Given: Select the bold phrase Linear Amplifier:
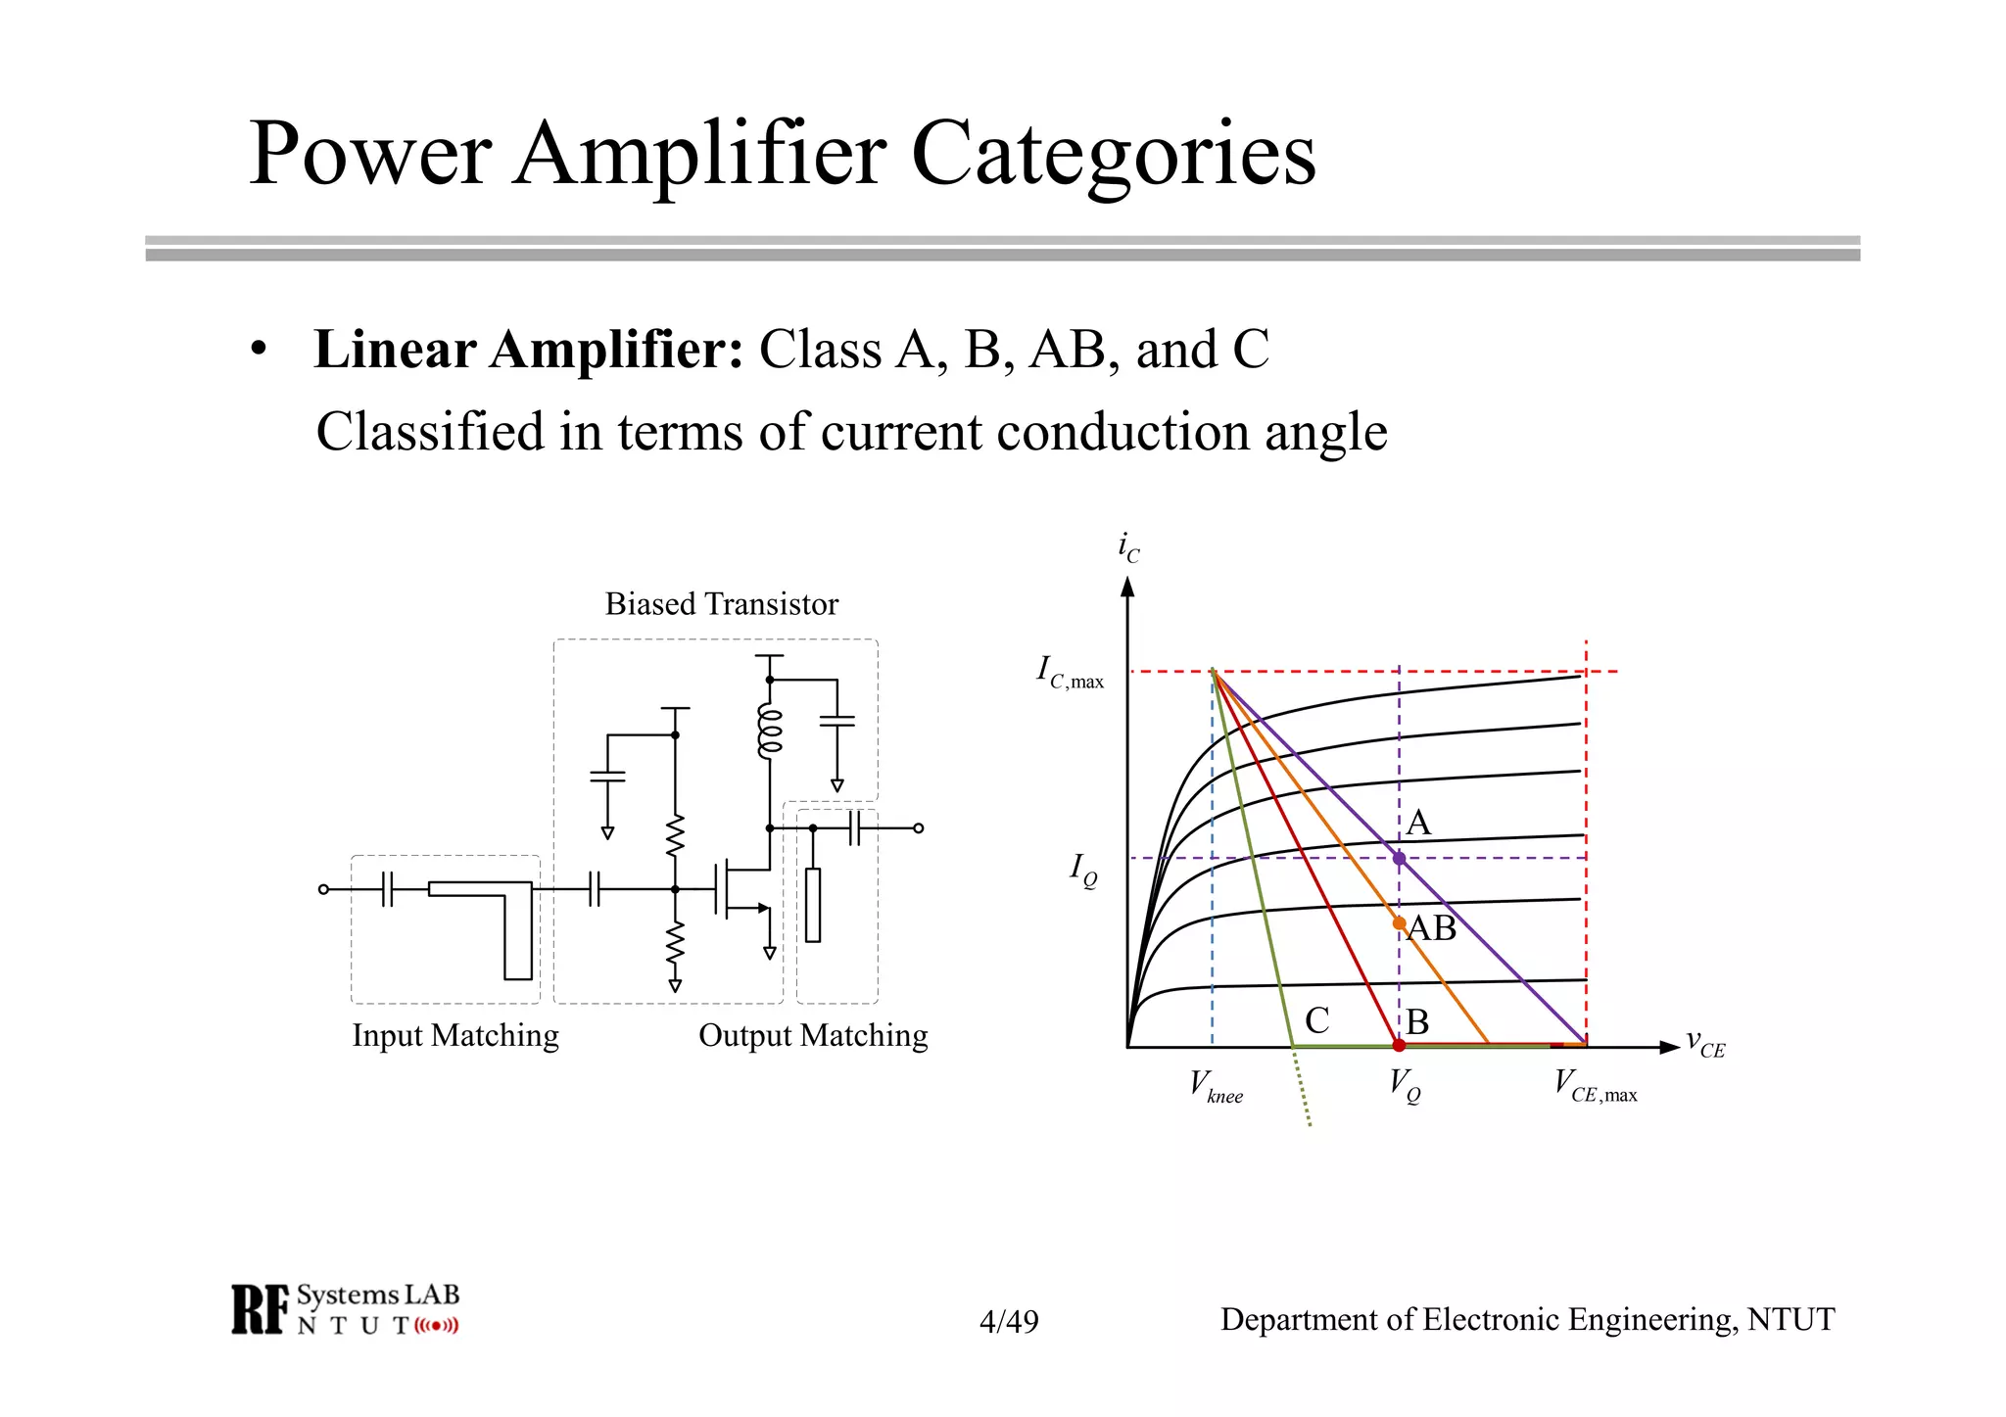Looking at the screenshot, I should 528,350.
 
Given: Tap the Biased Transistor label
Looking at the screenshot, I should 721,604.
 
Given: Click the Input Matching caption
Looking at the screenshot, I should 455,1035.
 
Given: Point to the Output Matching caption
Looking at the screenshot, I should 813,1035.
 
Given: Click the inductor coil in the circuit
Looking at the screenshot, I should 770,732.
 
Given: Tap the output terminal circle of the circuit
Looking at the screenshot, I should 918,828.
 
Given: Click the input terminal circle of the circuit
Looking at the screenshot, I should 323,889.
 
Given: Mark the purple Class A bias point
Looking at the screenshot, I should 1399,859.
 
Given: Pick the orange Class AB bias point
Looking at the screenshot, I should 1399,923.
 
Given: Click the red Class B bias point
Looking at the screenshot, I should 1399,1045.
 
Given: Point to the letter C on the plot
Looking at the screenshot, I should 1317,1021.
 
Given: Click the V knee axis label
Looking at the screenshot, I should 1216,1087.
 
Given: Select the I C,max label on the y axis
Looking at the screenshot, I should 1070,674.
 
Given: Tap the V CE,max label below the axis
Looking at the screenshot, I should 1595,1086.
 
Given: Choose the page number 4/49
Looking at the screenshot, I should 1009,1322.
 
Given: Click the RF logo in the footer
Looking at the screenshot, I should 261,1309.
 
